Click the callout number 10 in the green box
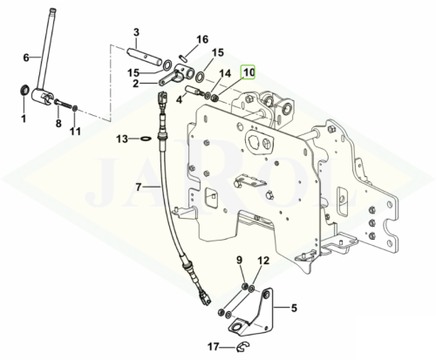249,72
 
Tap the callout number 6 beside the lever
26,58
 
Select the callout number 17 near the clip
214,347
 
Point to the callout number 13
122,139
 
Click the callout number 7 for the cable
139,187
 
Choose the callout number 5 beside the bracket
294,308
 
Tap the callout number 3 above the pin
136,32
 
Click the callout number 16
202,39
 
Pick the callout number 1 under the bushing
24,119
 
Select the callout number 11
75,132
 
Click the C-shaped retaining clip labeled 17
243,347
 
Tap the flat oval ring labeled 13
146,139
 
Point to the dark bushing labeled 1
24,90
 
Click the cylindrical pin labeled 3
144,57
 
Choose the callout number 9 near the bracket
239,260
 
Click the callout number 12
264,261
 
